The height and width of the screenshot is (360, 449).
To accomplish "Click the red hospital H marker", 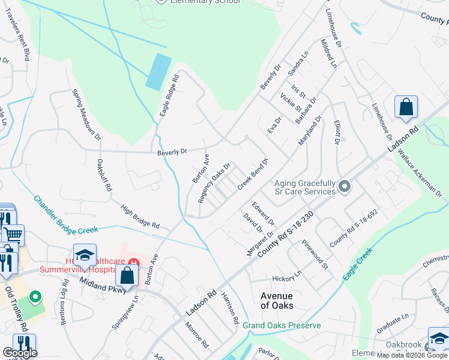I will [x=134, y=262].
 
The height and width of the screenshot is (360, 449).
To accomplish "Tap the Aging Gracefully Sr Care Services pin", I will [x=345, y=187].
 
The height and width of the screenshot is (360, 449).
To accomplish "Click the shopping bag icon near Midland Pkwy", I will [x=127, y=277].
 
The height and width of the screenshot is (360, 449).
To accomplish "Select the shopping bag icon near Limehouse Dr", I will [x=406, y=107].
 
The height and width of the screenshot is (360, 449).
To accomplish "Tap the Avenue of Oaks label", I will [x=277, y=301].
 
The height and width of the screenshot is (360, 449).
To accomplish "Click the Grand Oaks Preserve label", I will [x=282, y=325].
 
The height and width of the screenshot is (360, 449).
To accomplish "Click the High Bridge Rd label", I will [x=140, y=217].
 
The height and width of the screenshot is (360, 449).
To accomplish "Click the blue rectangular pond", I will [x=159, y=71].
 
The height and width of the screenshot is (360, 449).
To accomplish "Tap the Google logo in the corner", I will [x=19, y=353].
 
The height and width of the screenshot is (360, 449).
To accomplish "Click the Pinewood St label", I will [x=316, y=254].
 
